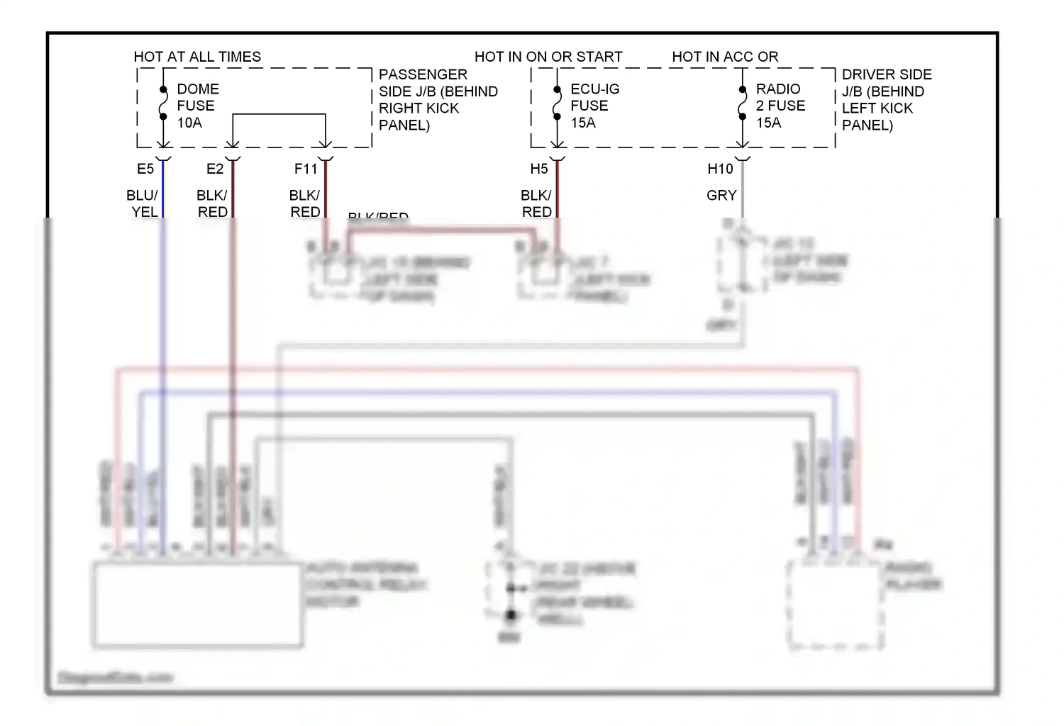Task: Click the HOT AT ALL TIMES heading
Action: click(197, 57)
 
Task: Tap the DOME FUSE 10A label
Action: click(197, 106)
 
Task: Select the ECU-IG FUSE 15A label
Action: click(594, 106)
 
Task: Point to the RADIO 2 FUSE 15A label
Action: click(780, 106)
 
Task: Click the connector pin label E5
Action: click(145, 169)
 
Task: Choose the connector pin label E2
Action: click(214, 169)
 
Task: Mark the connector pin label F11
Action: click(306, 169)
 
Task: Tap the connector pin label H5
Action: click(539, 169)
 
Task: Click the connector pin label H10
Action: click(720, 169)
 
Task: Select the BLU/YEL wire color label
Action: click(143, 203)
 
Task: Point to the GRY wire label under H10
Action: click(721, 195)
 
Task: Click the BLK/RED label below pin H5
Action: click(536, 203)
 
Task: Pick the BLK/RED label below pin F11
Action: click(305, 203)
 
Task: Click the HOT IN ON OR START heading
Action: click(548, 57)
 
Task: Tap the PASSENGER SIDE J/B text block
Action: click(438, 100)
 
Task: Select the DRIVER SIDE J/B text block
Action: click(886, 100)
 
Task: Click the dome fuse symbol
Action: click(163, 106)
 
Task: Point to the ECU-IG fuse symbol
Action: click(557, 106)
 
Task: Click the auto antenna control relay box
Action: click(198, 605)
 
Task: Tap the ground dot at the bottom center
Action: click(511, 615)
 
